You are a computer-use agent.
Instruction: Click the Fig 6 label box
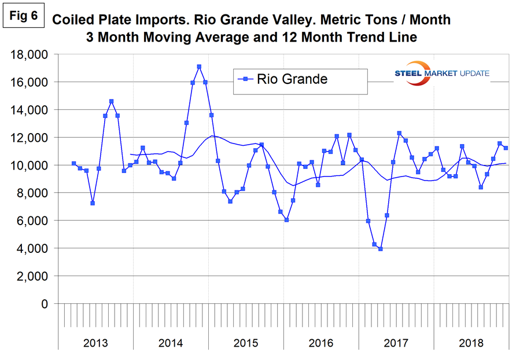(x=24, y=16)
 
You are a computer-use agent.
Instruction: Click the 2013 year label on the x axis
(x=95, y=343)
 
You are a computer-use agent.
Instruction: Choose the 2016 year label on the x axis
(x=321, y=343)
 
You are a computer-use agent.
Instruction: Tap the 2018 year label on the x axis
(x=471, y=343)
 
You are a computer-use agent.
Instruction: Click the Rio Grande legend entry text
(x=292, y=79)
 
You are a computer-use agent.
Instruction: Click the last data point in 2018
(x=506, y=148)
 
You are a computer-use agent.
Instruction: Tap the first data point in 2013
(x=73, y=163)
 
